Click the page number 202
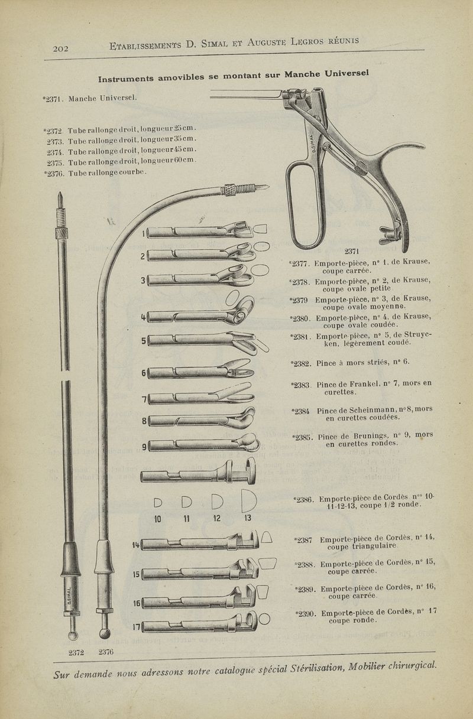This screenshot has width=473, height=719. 61,49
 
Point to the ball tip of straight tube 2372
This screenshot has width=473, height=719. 73,635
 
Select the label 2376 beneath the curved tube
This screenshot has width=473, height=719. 106,652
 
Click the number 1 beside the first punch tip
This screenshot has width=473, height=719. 143,233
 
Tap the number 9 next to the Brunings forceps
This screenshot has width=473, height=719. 144,445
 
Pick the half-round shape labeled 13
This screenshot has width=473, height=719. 248,502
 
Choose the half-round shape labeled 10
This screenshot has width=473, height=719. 158,503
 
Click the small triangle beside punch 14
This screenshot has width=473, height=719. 266,537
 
